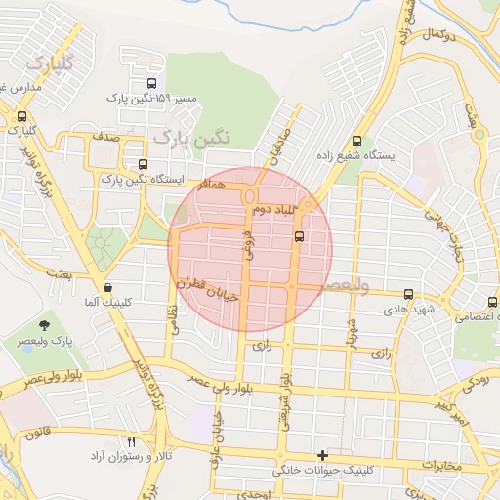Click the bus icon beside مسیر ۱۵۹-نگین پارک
[150, 84]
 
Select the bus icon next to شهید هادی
[408, 292]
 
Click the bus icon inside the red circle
[299, 235]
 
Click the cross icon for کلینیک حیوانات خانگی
[323, 455]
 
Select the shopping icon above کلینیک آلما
[107, 287]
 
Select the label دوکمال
[442, 33]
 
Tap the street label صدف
[108, 139]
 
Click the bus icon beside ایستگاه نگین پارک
[145, 164]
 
